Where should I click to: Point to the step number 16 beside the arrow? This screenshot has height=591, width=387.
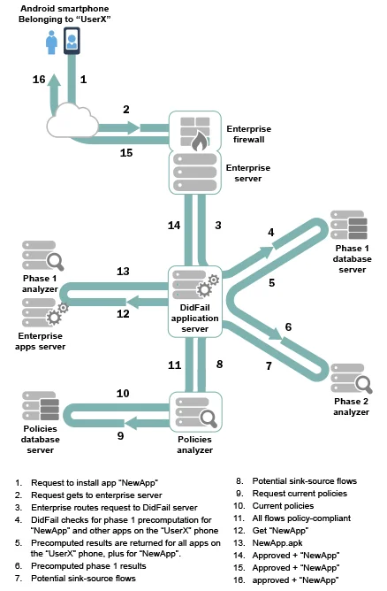pos(40,80)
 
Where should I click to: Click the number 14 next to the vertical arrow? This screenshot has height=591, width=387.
pos(175,226)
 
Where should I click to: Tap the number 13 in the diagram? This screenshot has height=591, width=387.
pos(123,272)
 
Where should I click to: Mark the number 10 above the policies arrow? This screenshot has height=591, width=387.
pos(123,393)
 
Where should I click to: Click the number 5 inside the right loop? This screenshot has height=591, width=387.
pos(272,284)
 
